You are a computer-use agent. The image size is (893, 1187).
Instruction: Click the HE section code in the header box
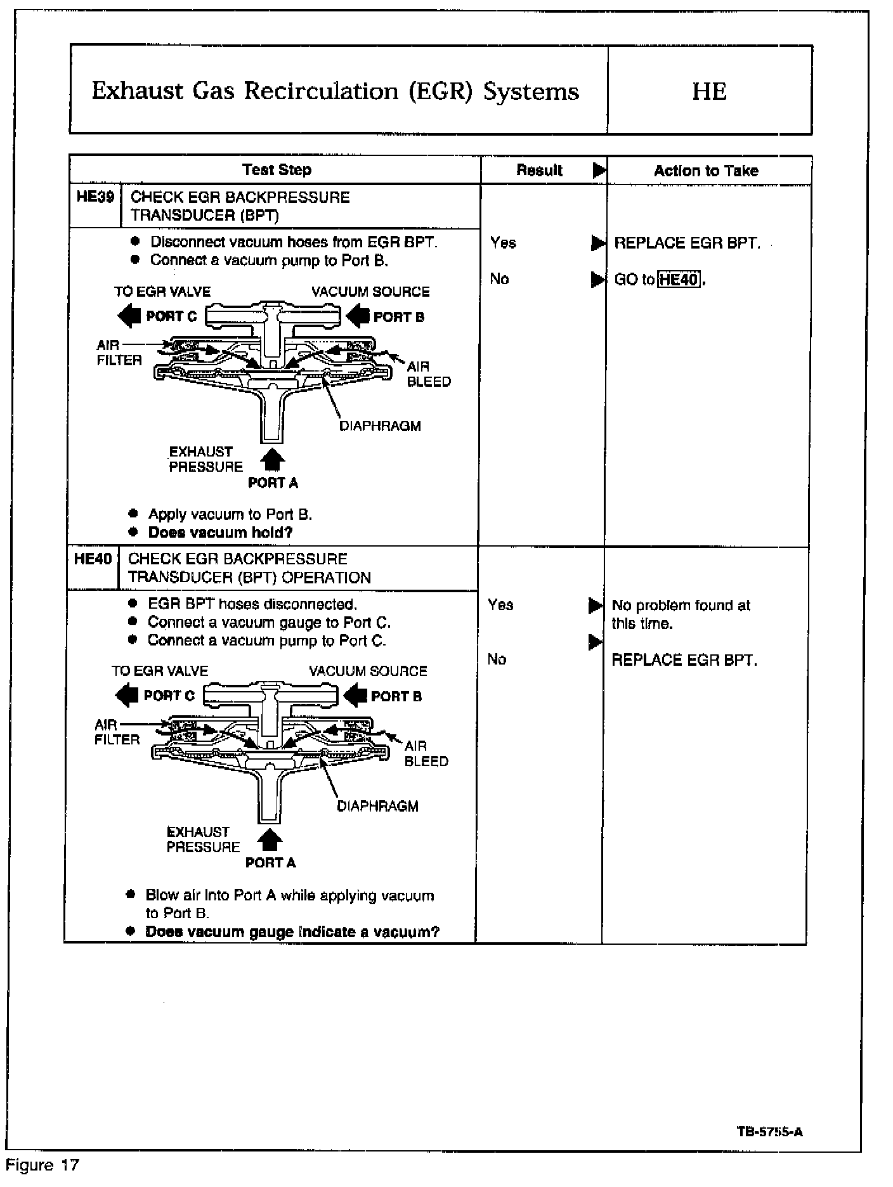point(709,91)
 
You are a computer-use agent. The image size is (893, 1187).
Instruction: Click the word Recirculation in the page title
point(318,91)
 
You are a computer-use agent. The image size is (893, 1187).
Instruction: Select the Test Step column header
point(277,170)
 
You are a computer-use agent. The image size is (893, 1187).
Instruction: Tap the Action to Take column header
point(706,171)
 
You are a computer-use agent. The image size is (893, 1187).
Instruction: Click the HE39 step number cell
point(95,197)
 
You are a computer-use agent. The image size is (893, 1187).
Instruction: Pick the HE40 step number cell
point(93,559)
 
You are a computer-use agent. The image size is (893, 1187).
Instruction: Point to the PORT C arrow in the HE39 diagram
point(129,316)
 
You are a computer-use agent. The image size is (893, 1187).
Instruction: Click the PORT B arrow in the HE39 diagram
point(358,316)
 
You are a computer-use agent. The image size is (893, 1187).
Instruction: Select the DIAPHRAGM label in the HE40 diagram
point(377,807)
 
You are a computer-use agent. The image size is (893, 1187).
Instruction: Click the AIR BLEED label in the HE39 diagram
point(428,374)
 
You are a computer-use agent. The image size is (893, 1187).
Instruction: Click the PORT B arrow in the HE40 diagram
point(355,696)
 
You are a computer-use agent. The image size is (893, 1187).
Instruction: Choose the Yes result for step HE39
point(503,243)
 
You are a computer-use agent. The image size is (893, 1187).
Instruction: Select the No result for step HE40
point(497,659)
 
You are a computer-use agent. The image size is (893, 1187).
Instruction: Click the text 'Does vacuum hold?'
point(220,533)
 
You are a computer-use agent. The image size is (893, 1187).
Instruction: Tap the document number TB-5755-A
point(770,1132)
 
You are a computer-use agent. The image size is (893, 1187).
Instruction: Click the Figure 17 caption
point(42,1165)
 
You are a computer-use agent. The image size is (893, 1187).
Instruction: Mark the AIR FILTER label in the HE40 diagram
point(117,732)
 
